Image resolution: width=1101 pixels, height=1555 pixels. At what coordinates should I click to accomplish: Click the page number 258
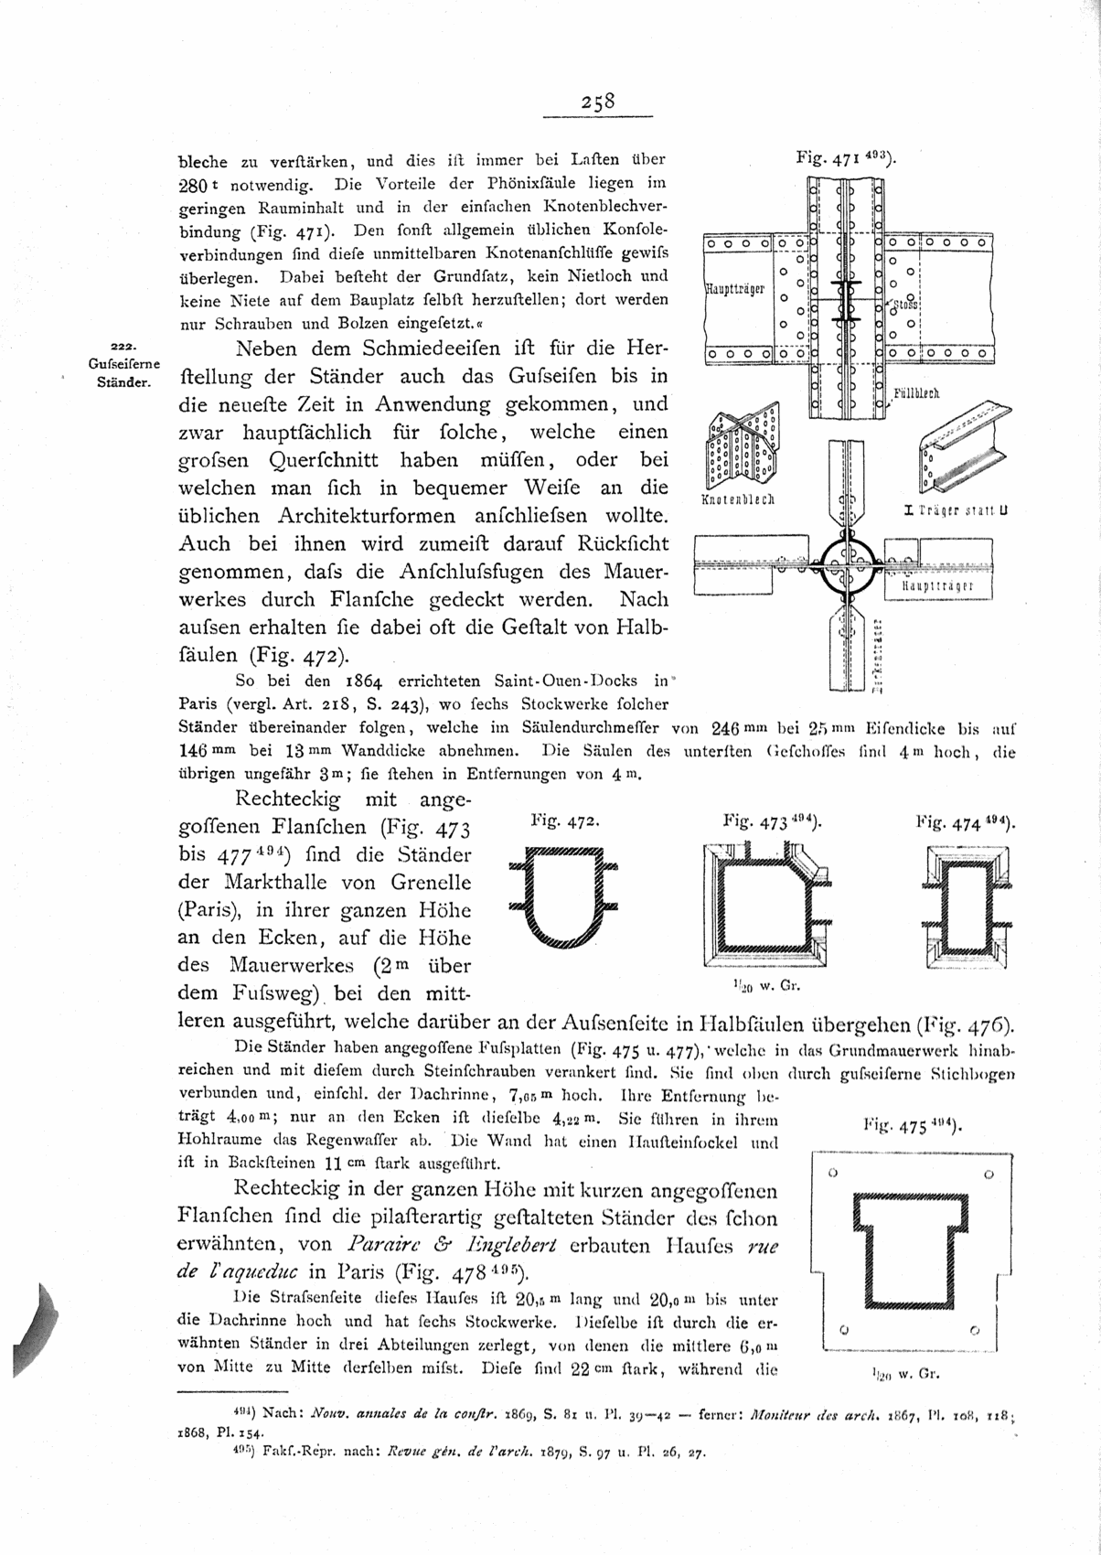pos(599,102)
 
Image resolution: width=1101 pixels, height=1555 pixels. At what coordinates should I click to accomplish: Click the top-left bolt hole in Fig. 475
pos(832,1172)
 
